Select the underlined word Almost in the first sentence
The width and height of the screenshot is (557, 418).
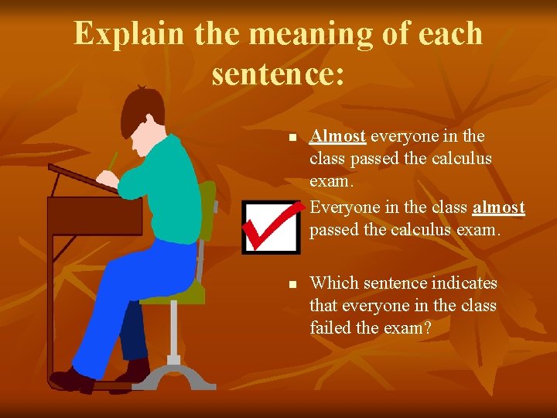pos(337,136)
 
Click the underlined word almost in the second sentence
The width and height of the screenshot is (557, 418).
pos(498,207)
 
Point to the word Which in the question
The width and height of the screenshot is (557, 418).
pos(332,284)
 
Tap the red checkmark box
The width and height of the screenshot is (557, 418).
pos(270,227)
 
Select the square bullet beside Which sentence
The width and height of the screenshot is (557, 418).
pos(292,286)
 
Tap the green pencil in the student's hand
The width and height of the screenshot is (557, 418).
pos(113,161)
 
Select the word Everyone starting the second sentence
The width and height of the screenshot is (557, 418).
pos(346,207)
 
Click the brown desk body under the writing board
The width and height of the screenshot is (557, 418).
pos(93,217)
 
